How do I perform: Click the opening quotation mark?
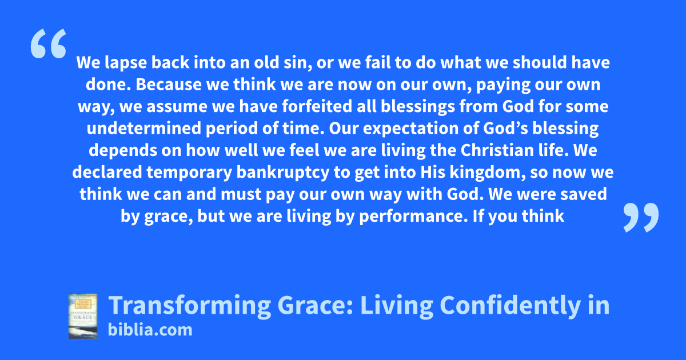(x=49, y=43)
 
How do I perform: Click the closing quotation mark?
(x=641, y=217)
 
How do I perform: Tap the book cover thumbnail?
(x=83, y=316)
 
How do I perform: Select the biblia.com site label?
(x=150, y=330)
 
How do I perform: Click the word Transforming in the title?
(x=190, y=306)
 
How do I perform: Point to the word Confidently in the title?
(x=510, y=306)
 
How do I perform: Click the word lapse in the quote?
(x=126, y=63)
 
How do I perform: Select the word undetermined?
(x=143, y=129)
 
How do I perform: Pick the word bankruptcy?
(x=282, y=173)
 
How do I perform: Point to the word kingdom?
(x=488, y=173)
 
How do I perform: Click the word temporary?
(x=189, y=173)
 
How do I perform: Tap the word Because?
(x=169, y=85)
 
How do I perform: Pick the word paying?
(x=503, y=85)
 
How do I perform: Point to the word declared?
(x=107, y=173)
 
